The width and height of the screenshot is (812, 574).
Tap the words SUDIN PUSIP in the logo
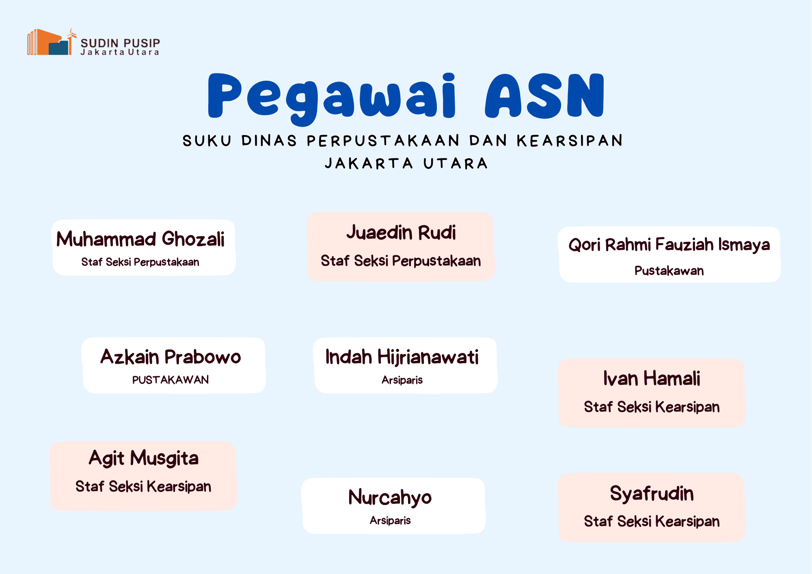point(120,43)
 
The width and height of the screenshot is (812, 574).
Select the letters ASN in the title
point(544,96)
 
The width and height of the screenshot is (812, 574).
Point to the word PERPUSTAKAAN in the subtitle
point(383,141)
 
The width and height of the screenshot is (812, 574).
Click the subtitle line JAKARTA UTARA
point(406,164)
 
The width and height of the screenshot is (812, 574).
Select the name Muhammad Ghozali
point(140,239)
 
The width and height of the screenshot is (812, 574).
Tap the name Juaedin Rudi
point(401,233)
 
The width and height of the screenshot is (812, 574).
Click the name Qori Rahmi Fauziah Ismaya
point(669,245)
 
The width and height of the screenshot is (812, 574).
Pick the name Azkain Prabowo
point(171,357)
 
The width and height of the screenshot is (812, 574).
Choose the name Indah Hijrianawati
point(402,358)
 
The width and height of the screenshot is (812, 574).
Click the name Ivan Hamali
point(652,378)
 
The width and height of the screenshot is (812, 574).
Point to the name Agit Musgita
point(144,458)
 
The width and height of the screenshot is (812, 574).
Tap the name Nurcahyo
point(390,498)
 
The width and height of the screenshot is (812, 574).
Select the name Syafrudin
point(652,494)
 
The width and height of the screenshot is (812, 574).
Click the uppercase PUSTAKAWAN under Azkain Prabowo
point(171,380)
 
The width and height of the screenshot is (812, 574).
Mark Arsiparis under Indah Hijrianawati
point(402,380)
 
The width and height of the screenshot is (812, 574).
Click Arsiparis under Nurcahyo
point(390,520)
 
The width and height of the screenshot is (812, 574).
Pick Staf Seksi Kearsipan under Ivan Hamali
point(652,407)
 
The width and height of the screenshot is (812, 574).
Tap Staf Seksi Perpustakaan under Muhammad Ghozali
point(140,262)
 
